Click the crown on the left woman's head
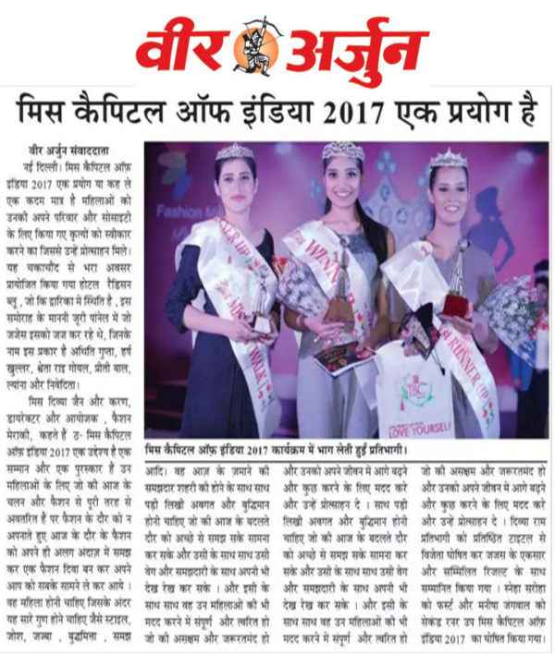pos(236,151)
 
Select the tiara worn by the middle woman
pos(342,150)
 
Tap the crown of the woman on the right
pos(450,159)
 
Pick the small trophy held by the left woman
pos(264,305)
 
